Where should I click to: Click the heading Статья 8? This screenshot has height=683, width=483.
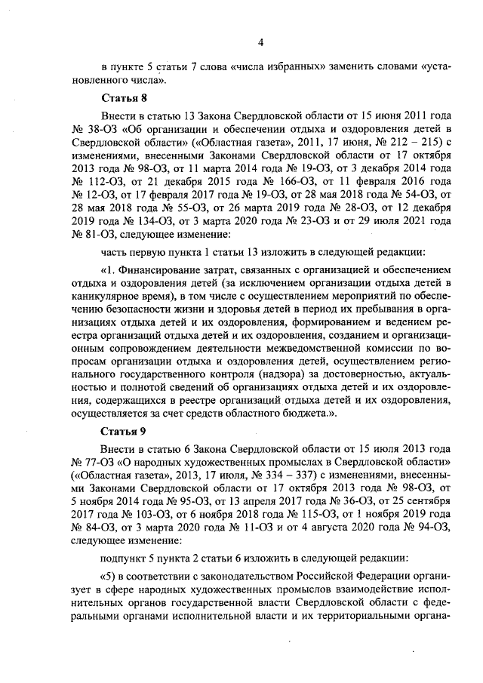pos(121,99)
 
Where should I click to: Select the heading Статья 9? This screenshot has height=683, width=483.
pos(121,431)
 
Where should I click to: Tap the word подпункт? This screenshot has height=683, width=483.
pos(124,561)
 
